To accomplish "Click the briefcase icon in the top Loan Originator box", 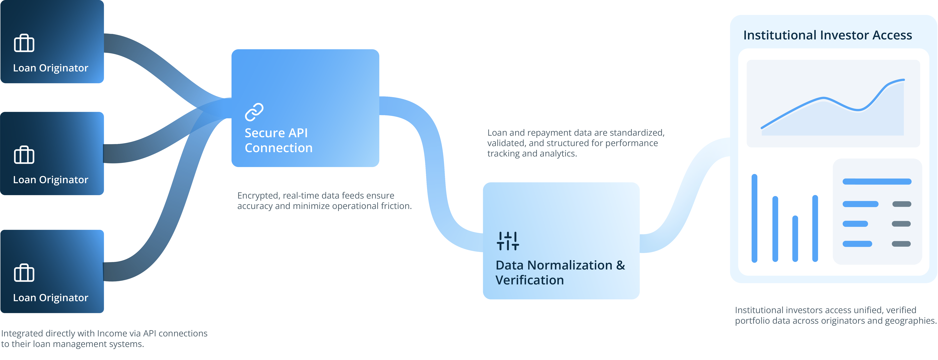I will (24, 43).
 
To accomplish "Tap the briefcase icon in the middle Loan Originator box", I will (24, 155).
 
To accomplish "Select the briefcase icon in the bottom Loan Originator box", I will (24, 273).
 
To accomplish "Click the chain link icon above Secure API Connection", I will (254, 112).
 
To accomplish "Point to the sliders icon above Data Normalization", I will (508, 241).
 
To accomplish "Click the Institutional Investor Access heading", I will (827, 35).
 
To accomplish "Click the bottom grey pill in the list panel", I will (901, 244).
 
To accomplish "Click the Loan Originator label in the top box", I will (51, 68).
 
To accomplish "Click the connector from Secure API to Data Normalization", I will (435, 171).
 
